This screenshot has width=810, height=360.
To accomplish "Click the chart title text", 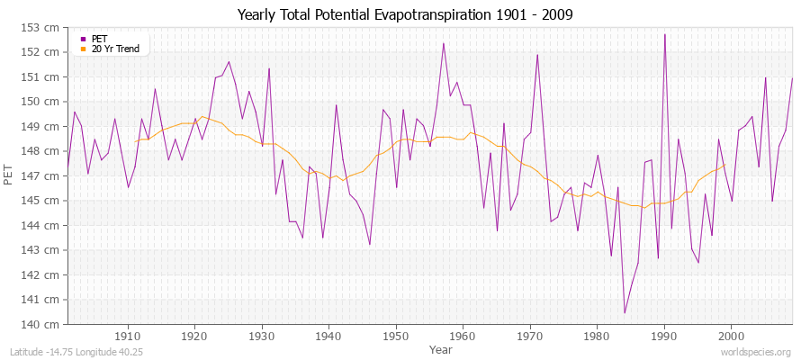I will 404,14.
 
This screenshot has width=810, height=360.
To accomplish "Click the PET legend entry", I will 99,39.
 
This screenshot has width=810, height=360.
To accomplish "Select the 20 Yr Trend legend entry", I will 115,49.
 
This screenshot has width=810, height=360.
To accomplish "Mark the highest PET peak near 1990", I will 664,34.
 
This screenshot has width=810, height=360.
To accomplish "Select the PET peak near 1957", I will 443,43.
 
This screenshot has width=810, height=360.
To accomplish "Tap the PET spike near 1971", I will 537,55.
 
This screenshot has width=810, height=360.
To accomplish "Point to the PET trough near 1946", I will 370,244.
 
